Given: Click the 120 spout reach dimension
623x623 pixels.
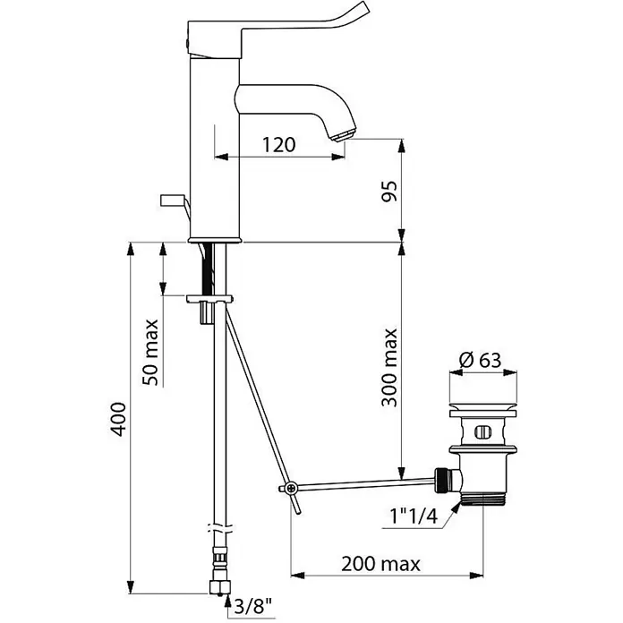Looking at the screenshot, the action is tap(278, 145).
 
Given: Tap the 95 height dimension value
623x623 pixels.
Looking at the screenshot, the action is tap(389, 192).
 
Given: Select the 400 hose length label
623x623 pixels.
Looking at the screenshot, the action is tap(118, 420).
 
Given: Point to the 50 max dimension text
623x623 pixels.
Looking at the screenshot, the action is tap(151, 353).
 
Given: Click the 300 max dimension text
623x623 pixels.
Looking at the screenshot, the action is tap(389, 368).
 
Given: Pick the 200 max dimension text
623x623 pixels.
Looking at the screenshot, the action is tap(380, 564).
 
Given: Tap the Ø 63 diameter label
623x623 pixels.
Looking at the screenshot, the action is tap(481, 361).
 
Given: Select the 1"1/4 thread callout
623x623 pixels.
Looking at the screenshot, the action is tap(414, 516).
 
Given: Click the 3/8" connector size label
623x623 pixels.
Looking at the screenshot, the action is tap(253, 606).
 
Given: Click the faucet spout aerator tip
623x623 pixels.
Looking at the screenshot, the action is tap(343, 135).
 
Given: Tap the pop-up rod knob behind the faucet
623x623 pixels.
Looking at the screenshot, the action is tap(173, 200).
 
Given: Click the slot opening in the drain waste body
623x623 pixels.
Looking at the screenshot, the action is tap(483, 431).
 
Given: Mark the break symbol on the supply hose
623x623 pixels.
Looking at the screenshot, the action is tap(219, 530).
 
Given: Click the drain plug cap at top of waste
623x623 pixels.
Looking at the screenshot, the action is tap(483, 407).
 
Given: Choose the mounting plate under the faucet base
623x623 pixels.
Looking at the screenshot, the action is tap(209, 298).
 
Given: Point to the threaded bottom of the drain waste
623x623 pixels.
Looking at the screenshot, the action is tap(483, 499).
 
